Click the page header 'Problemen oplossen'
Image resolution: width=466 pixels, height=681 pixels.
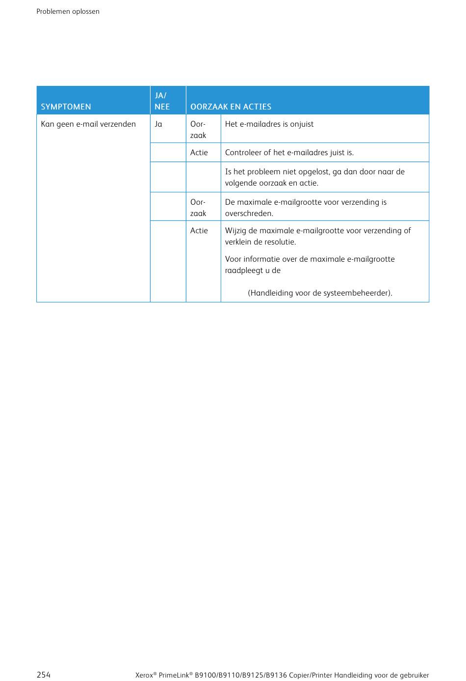(x=68, y=11)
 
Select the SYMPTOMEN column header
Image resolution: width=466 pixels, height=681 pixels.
(x=66, y=107)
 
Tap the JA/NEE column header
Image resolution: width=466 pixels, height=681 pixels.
(x=162, y=101)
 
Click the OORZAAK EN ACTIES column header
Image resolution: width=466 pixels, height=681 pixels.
(x=231, y=107)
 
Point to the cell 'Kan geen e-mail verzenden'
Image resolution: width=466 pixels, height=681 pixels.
(x=88, y=124)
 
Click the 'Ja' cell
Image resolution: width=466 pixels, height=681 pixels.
(x=158, y=124)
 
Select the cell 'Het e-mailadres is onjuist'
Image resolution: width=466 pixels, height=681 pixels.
(x=269, y=124)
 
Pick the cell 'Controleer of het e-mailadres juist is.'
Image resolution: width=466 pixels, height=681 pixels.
(x=289, y=153)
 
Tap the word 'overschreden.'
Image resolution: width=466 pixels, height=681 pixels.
(x=249, y=214)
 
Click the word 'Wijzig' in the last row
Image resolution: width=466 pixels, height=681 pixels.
(x=235, y=231)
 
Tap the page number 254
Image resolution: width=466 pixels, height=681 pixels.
(x=44, y=675)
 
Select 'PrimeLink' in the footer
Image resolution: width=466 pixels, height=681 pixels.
(x=174, y=675)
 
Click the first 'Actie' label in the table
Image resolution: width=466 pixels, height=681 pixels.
(x=199, y=153)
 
